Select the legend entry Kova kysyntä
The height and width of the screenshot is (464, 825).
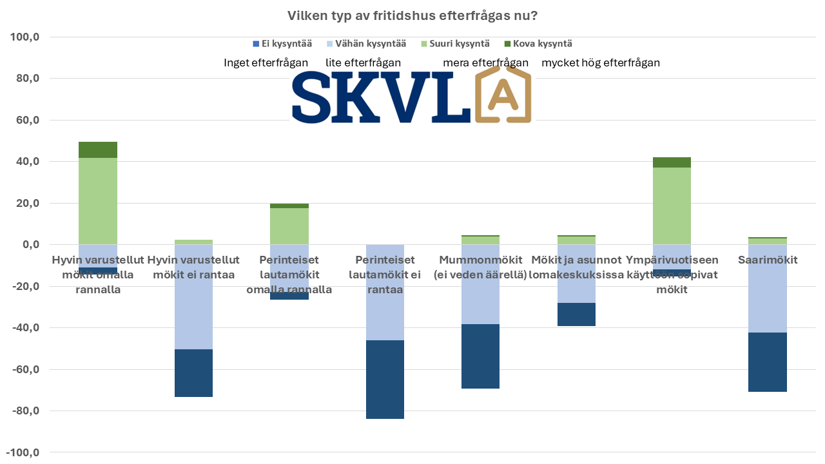[x=537, y=44]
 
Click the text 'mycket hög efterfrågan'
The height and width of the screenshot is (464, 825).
[x=600, y=63]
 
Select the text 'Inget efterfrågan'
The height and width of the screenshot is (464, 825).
[x=266, y=63]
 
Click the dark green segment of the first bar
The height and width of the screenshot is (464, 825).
[x=98, y=150]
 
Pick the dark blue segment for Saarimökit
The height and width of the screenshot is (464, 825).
[x=768, y=362]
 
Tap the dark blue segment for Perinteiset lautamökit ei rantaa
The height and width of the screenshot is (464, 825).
[x=385, y=379]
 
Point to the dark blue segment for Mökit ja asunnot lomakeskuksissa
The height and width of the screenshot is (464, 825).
[x=576, y=314]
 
